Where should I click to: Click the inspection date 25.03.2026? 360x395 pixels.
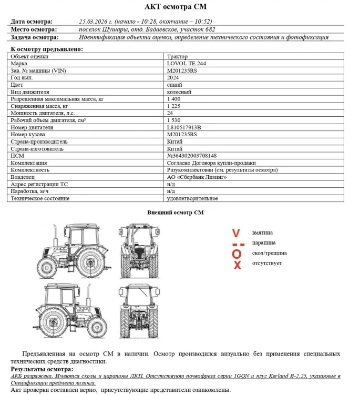[94, 22]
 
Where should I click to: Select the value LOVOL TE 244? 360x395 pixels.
[185, 63]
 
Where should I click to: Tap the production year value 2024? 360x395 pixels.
[173, 77]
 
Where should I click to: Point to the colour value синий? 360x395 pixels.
[174, 84]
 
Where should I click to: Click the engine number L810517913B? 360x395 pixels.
[184, 127]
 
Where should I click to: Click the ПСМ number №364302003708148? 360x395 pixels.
[192, 156]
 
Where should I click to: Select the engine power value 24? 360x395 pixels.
[170, 113]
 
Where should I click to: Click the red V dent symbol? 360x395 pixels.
[236, 233]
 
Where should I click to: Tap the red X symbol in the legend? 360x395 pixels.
[237, 265]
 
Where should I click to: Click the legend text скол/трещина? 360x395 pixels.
[269, 253]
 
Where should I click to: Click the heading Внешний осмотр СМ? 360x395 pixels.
[176, 212]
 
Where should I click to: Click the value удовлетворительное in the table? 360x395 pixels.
[192, 199]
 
